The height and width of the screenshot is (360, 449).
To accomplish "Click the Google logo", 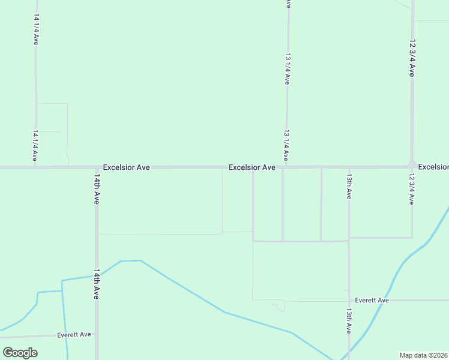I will pos(20,353).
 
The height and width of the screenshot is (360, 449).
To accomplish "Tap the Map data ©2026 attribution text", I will pos(424,355).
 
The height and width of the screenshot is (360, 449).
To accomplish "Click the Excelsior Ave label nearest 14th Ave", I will pos(126,167).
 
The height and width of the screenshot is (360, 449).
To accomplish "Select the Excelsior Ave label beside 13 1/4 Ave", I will pos(252,167).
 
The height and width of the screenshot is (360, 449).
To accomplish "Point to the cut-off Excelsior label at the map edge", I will pos(433,166).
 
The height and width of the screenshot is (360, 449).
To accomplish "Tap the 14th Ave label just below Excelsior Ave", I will pos(96,190).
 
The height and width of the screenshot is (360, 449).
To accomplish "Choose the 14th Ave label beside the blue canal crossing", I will pos(96,284).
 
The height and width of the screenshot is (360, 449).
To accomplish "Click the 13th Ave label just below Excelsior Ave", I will pos(349,187).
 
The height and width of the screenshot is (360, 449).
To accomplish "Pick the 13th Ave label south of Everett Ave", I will pos(349,321).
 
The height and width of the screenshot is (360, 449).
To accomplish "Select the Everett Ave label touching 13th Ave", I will pos(372,300).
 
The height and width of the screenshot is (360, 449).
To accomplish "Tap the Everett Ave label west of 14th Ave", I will pos(74,334).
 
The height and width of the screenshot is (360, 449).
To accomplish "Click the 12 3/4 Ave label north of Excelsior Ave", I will pos(412,58).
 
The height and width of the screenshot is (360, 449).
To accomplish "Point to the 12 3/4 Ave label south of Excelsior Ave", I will pos(412,190).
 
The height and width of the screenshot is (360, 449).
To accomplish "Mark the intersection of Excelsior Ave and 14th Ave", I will pos(96,167).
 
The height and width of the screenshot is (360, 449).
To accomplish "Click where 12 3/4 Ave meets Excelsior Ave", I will pos(412,166).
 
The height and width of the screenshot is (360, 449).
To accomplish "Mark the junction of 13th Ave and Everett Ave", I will pos(349,300).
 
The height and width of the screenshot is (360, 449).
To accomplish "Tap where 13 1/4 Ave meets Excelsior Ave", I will pos(287,167).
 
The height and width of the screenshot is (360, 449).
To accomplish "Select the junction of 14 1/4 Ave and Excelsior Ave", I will pos(35,167).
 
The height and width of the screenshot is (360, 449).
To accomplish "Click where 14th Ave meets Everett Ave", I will pos(96,334).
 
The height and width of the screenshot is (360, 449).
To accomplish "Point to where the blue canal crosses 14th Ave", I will pos(96,275).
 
